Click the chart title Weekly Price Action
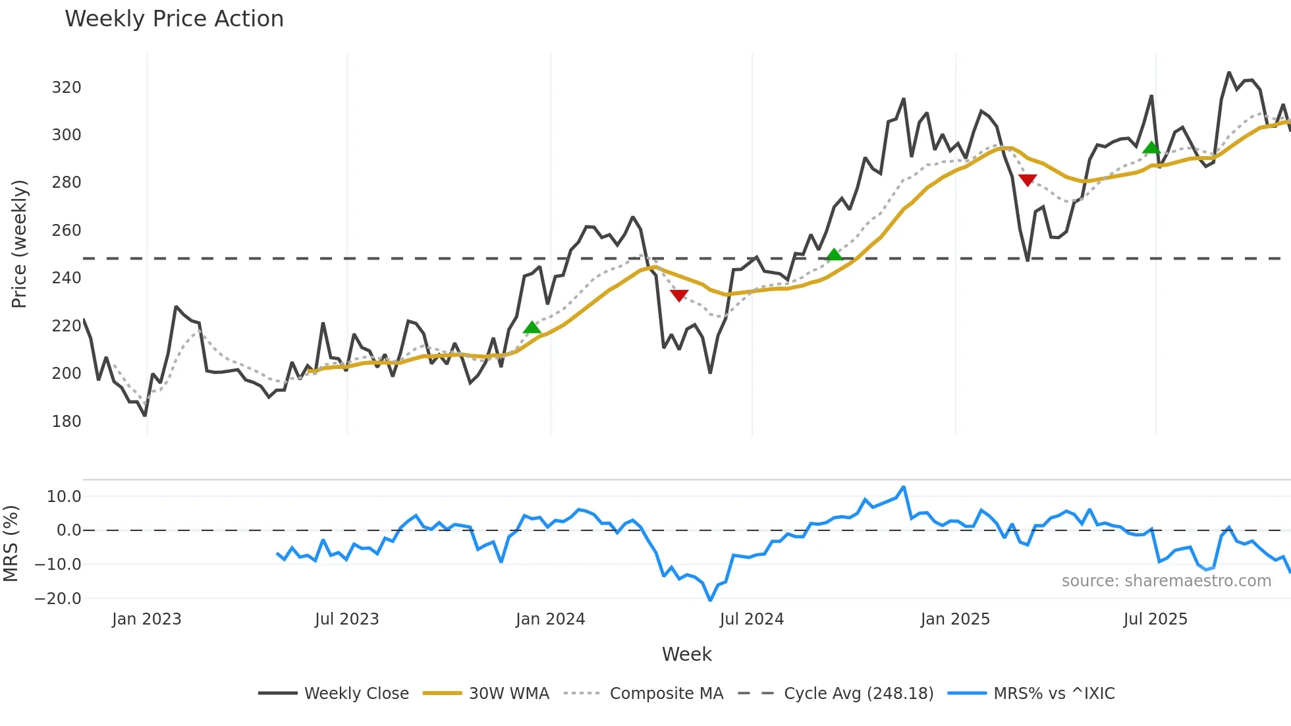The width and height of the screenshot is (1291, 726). click(x=174, y=19)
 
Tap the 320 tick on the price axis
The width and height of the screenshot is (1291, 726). click(x=67, y=88)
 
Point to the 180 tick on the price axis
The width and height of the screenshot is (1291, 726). click(x=67, y=422)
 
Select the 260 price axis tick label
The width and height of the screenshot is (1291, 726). click(x=67, y=231)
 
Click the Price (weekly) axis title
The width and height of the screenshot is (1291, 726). click(x=19, y=244)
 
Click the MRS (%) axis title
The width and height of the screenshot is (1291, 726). click(x=11, y=544)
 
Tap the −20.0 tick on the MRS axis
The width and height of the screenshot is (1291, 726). click(x=58, y=599)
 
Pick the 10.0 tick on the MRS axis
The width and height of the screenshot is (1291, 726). click(x=64, y=497)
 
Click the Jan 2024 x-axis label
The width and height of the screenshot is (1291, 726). click(x=550, y=619)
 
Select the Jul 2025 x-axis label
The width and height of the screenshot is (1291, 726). click(x=1155, y=619)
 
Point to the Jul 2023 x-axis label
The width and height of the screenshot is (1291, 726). click(x=346, y=619)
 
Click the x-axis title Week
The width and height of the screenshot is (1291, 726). click(x=686, y=654)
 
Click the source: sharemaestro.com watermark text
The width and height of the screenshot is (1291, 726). click(x=1166, y=581)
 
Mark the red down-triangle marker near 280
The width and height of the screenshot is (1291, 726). click(x=1028, y=180)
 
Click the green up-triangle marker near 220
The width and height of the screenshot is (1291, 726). click(x=532, y=327)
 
